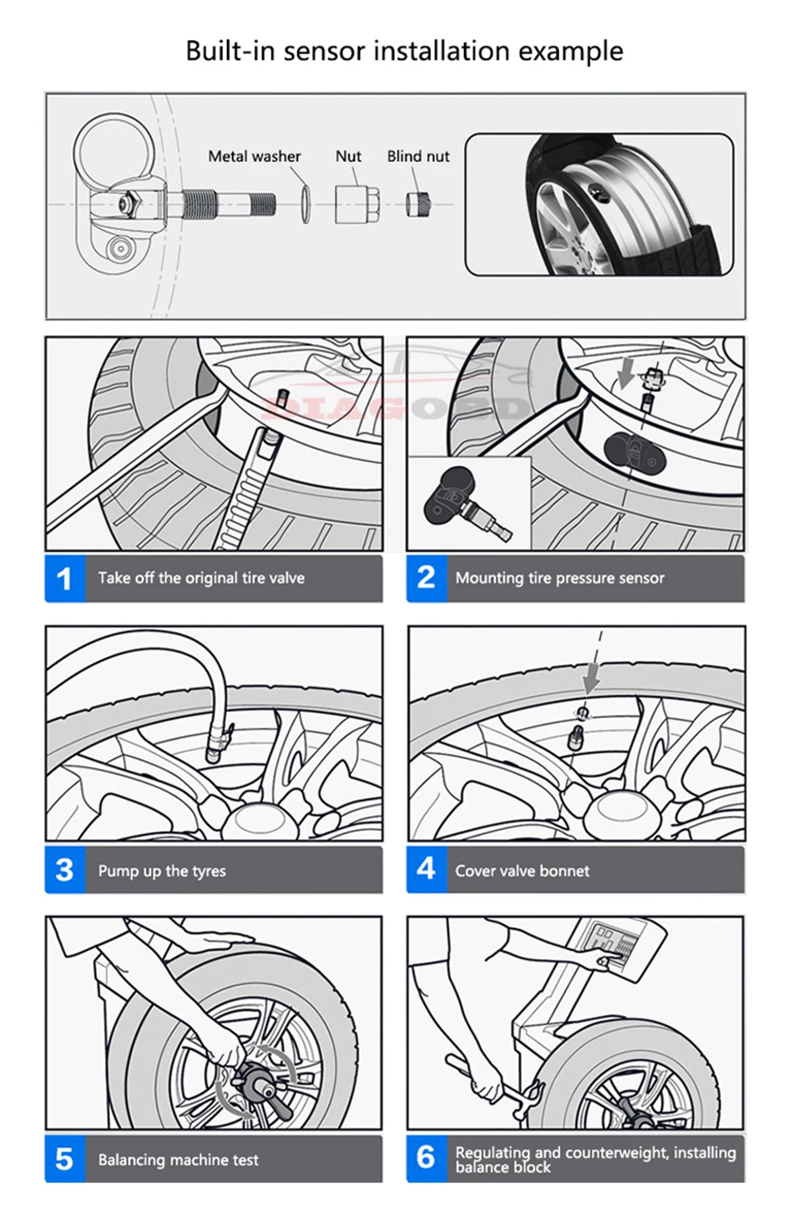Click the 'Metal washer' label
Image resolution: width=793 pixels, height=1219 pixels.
tap(254, 156)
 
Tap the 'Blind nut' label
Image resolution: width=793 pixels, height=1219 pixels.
tap(417, 156)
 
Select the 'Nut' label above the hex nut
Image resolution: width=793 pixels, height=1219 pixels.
tap(348, 156)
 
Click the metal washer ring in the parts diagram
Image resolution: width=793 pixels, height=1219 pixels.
tap(306, 205)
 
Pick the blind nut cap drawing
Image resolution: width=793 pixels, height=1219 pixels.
tap(418, 205)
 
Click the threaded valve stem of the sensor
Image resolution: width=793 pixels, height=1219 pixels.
tap(230, 203)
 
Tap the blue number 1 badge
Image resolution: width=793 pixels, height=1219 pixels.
tap(65, 579)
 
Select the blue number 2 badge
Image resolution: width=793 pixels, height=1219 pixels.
tap(426, 578)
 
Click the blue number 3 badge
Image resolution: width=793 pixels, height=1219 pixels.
tap(65, 870)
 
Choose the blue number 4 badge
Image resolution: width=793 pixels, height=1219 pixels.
tap(426, 869)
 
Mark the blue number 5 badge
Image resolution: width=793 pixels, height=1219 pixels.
tap(65, 1159)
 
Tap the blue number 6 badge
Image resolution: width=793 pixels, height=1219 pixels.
tap(426, 1158)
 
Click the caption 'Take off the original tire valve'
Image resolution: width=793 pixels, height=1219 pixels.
tap(201, 578)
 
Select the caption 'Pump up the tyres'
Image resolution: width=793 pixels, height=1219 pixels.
tap(162, 871)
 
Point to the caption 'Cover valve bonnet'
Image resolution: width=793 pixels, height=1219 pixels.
tap(522, 871)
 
